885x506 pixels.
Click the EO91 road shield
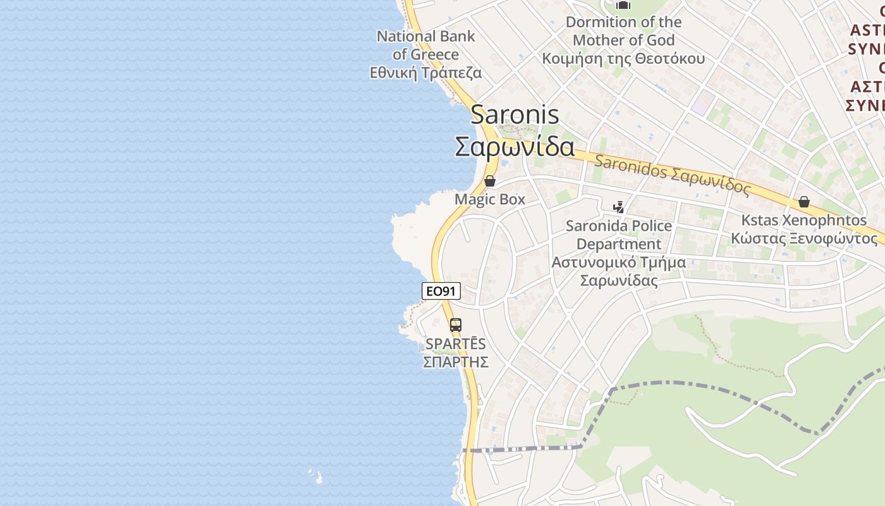point(441,291)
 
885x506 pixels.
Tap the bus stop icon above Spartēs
point(455,326)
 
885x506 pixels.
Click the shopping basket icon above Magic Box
point(490,182)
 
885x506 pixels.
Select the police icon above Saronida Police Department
point(619,207)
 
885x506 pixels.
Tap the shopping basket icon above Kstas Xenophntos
point(804,202)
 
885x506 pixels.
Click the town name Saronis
point(515,115)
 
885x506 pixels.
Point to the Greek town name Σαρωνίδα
point(515,147)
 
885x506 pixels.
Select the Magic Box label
point(490,199)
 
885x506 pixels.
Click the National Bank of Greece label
point(425,45)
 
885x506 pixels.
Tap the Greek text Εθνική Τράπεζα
point(425,73)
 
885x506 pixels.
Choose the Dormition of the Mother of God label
point(623,31)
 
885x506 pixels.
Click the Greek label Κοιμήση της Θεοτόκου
point(623,59)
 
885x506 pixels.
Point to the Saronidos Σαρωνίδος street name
point(672,171)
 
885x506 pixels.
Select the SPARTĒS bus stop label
point(455,344)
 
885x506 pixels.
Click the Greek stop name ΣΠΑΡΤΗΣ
point(455,362)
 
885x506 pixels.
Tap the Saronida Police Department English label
point(619,235)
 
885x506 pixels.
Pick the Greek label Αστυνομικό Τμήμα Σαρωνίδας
point(619,271)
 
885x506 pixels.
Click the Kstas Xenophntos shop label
point(804,220)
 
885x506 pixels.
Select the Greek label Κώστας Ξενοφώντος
point(804,238)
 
